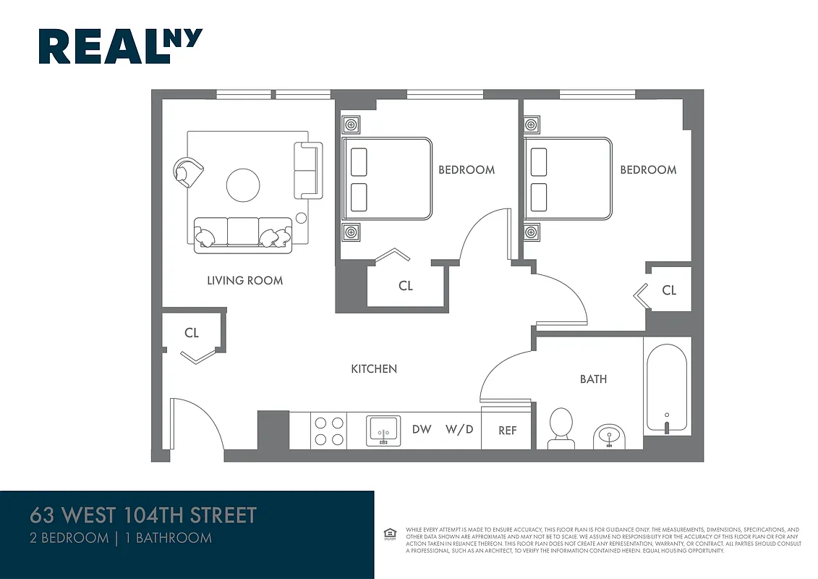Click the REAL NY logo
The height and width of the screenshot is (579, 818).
pos(120,46)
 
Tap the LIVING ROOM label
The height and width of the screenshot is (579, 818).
pos(244,280)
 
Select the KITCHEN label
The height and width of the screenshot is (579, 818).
pos(374,368)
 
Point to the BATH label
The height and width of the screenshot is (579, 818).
pos(593,379)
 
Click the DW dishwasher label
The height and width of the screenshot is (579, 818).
pos(422,429)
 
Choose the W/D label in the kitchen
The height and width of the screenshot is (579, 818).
pos(459,429)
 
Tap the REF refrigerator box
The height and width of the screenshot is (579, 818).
pos(508,430)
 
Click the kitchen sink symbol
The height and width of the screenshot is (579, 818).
pos(383,431)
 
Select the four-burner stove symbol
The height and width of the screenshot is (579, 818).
pos(328,431)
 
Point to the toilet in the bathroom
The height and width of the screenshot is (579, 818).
pos(561,427)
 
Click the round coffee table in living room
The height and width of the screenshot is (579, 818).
pos(243,185)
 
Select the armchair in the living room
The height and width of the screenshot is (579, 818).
pos(188,172)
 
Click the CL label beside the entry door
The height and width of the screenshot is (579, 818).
pos(191,333)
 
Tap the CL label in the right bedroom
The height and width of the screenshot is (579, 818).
pos(669,290)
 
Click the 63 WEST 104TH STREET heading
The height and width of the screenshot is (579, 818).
pos(143,515)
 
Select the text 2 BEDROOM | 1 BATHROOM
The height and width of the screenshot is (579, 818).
pos(121,538)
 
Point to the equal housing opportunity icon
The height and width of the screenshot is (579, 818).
pos(390,534)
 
